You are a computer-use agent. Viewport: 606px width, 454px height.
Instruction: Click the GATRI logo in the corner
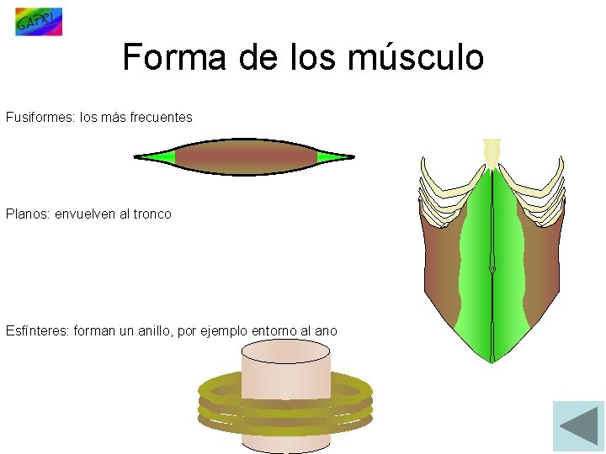click(39, 22)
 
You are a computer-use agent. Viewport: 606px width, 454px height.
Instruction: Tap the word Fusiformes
click(39, 118)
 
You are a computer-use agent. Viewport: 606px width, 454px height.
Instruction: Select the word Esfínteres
click(37, 331)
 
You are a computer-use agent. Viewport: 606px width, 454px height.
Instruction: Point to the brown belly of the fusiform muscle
click(244, 157)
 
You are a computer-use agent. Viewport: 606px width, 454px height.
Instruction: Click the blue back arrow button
click(578, 426)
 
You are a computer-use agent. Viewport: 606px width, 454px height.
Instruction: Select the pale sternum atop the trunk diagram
click(491, 152)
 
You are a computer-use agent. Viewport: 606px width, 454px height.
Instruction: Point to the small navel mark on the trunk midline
click(492, 270)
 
